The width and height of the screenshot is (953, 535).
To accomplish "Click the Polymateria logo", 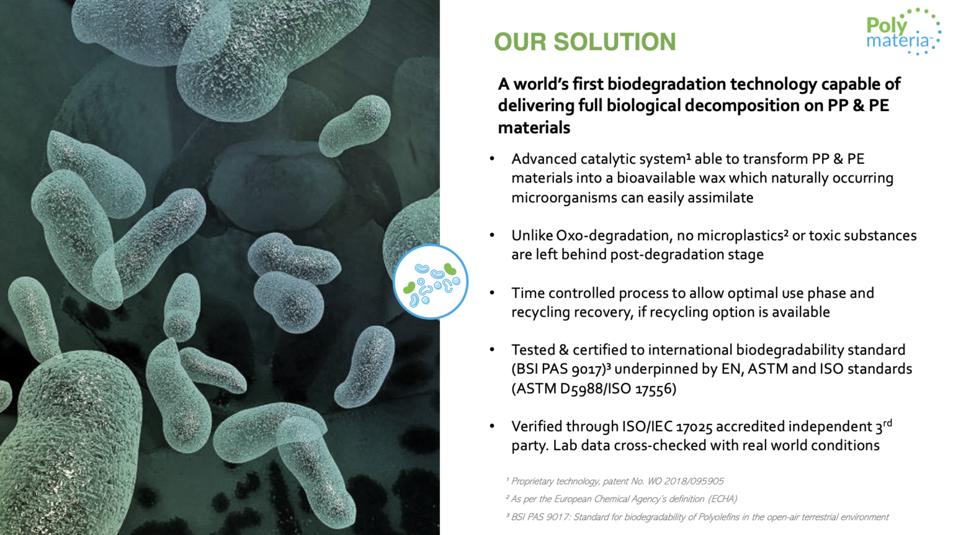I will tap(902, 32).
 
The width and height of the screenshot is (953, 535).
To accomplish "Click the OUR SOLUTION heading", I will tap(584, 42).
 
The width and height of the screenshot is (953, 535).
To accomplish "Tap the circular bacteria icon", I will tap(431, 282).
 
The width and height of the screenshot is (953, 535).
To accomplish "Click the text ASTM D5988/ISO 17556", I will tap(594, 389).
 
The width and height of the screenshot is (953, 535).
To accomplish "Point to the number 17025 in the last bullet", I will tap(694, 427).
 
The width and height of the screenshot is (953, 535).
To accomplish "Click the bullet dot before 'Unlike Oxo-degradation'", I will tap(492, 236).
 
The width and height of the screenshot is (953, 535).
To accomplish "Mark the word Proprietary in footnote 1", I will tap(532, 481).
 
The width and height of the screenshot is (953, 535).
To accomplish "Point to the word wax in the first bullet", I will tap(712, 179).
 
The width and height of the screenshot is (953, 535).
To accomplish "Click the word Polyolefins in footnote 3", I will tap(720, 517).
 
